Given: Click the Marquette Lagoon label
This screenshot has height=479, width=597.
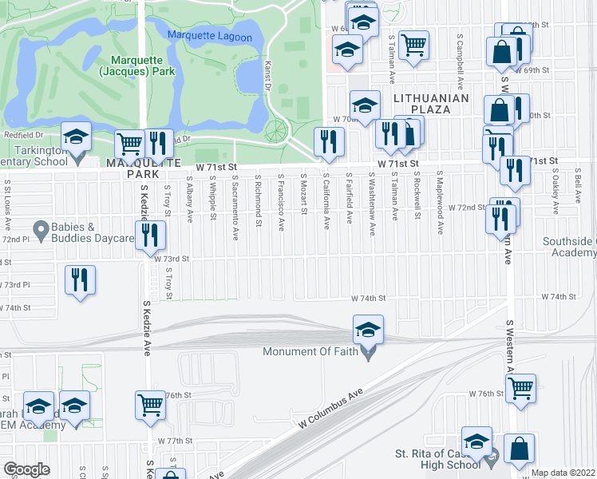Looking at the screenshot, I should [210, 35].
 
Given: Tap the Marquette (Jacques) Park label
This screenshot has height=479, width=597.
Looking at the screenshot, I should [136, 65].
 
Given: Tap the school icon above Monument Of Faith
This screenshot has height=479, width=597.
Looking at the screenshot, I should [368, 329].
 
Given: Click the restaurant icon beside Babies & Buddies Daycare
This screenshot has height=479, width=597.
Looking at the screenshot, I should [149, 235].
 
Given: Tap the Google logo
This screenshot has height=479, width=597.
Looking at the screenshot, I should [26, 469].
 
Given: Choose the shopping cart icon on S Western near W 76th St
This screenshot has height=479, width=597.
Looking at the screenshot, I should [520, 389].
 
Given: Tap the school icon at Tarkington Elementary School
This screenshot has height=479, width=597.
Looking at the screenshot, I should [77, 137].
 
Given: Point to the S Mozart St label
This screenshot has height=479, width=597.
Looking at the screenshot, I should [304, 196].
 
